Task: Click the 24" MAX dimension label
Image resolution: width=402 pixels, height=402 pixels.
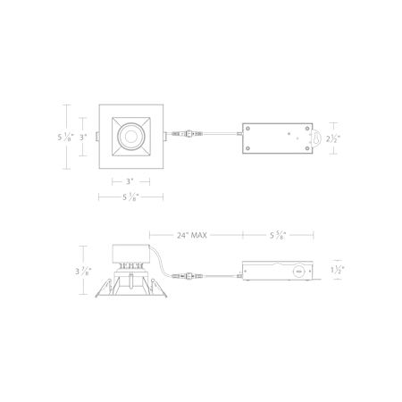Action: tap(192, 235)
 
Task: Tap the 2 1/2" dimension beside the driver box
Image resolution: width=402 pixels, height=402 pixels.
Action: tap(333, 138)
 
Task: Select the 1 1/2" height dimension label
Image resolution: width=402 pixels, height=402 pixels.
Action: tap(337, 270)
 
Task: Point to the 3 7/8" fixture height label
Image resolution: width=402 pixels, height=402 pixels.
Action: tap(83, 272)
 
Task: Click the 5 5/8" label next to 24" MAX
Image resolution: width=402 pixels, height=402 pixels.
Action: tap(278, 235)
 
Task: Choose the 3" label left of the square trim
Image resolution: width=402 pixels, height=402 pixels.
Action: tap(83, 138)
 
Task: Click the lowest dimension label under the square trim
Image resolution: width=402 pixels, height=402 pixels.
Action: tap(131, 197)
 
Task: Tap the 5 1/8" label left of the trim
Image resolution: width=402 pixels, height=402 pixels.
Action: tap(65, 138)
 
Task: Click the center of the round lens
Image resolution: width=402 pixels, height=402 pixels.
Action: tap(130, 137)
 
